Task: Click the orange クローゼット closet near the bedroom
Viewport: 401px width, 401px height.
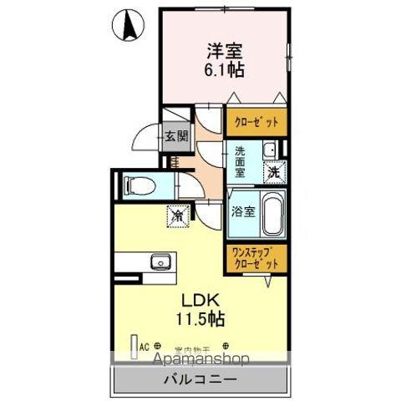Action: pos(255,120)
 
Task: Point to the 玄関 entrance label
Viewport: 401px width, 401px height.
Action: pos(176,136)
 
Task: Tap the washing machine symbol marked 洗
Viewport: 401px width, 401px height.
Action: pos(274,172)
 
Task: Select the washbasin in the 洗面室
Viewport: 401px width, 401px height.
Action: pos(271,151)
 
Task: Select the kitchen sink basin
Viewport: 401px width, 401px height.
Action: pos(160,262)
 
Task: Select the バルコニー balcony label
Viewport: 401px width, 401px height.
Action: pos(200,378)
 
